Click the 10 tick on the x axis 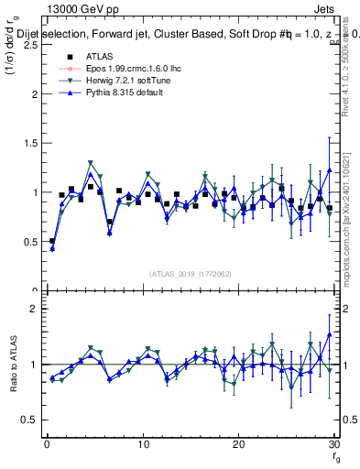[142, 443]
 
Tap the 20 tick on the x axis [238, 443]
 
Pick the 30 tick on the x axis [333, 443]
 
